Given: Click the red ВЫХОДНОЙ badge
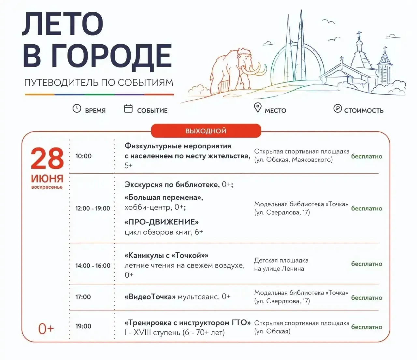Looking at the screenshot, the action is (206, 131).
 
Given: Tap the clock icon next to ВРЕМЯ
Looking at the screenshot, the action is (77, 108).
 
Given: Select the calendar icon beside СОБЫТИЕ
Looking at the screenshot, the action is (128, 108).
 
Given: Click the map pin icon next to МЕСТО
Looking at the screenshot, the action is (258, 108).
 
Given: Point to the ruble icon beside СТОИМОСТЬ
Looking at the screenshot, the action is (338, 108).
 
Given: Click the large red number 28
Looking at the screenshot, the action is (47, 158).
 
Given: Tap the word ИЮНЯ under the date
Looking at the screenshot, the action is (47, 179).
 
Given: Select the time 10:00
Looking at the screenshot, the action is (83, 156).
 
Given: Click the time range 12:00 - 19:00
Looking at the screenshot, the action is (93, 208).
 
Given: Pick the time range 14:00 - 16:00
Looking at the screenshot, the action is (93, 266).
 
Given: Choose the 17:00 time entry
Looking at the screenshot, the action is (83, 297).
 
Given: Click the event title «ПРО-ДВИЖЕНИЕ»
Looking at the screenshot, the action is (162, 222).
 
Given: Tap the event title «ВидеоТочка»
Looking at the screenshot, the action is (150, 297).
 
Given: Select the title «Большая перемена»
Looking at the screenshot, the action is (164, 197).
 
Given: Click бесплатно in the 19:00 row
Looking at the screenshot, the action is (367, 327).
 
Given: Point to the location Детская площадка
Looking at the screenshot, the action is (281, 260).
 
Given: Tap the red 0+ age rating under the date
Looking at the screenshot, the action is (46, 329).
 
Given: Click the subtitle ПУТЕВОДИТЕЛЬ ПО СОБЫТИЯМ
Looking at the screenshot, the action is (99, 82).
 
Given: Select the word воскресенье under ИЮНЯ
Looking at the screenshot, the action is (47, 187).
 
